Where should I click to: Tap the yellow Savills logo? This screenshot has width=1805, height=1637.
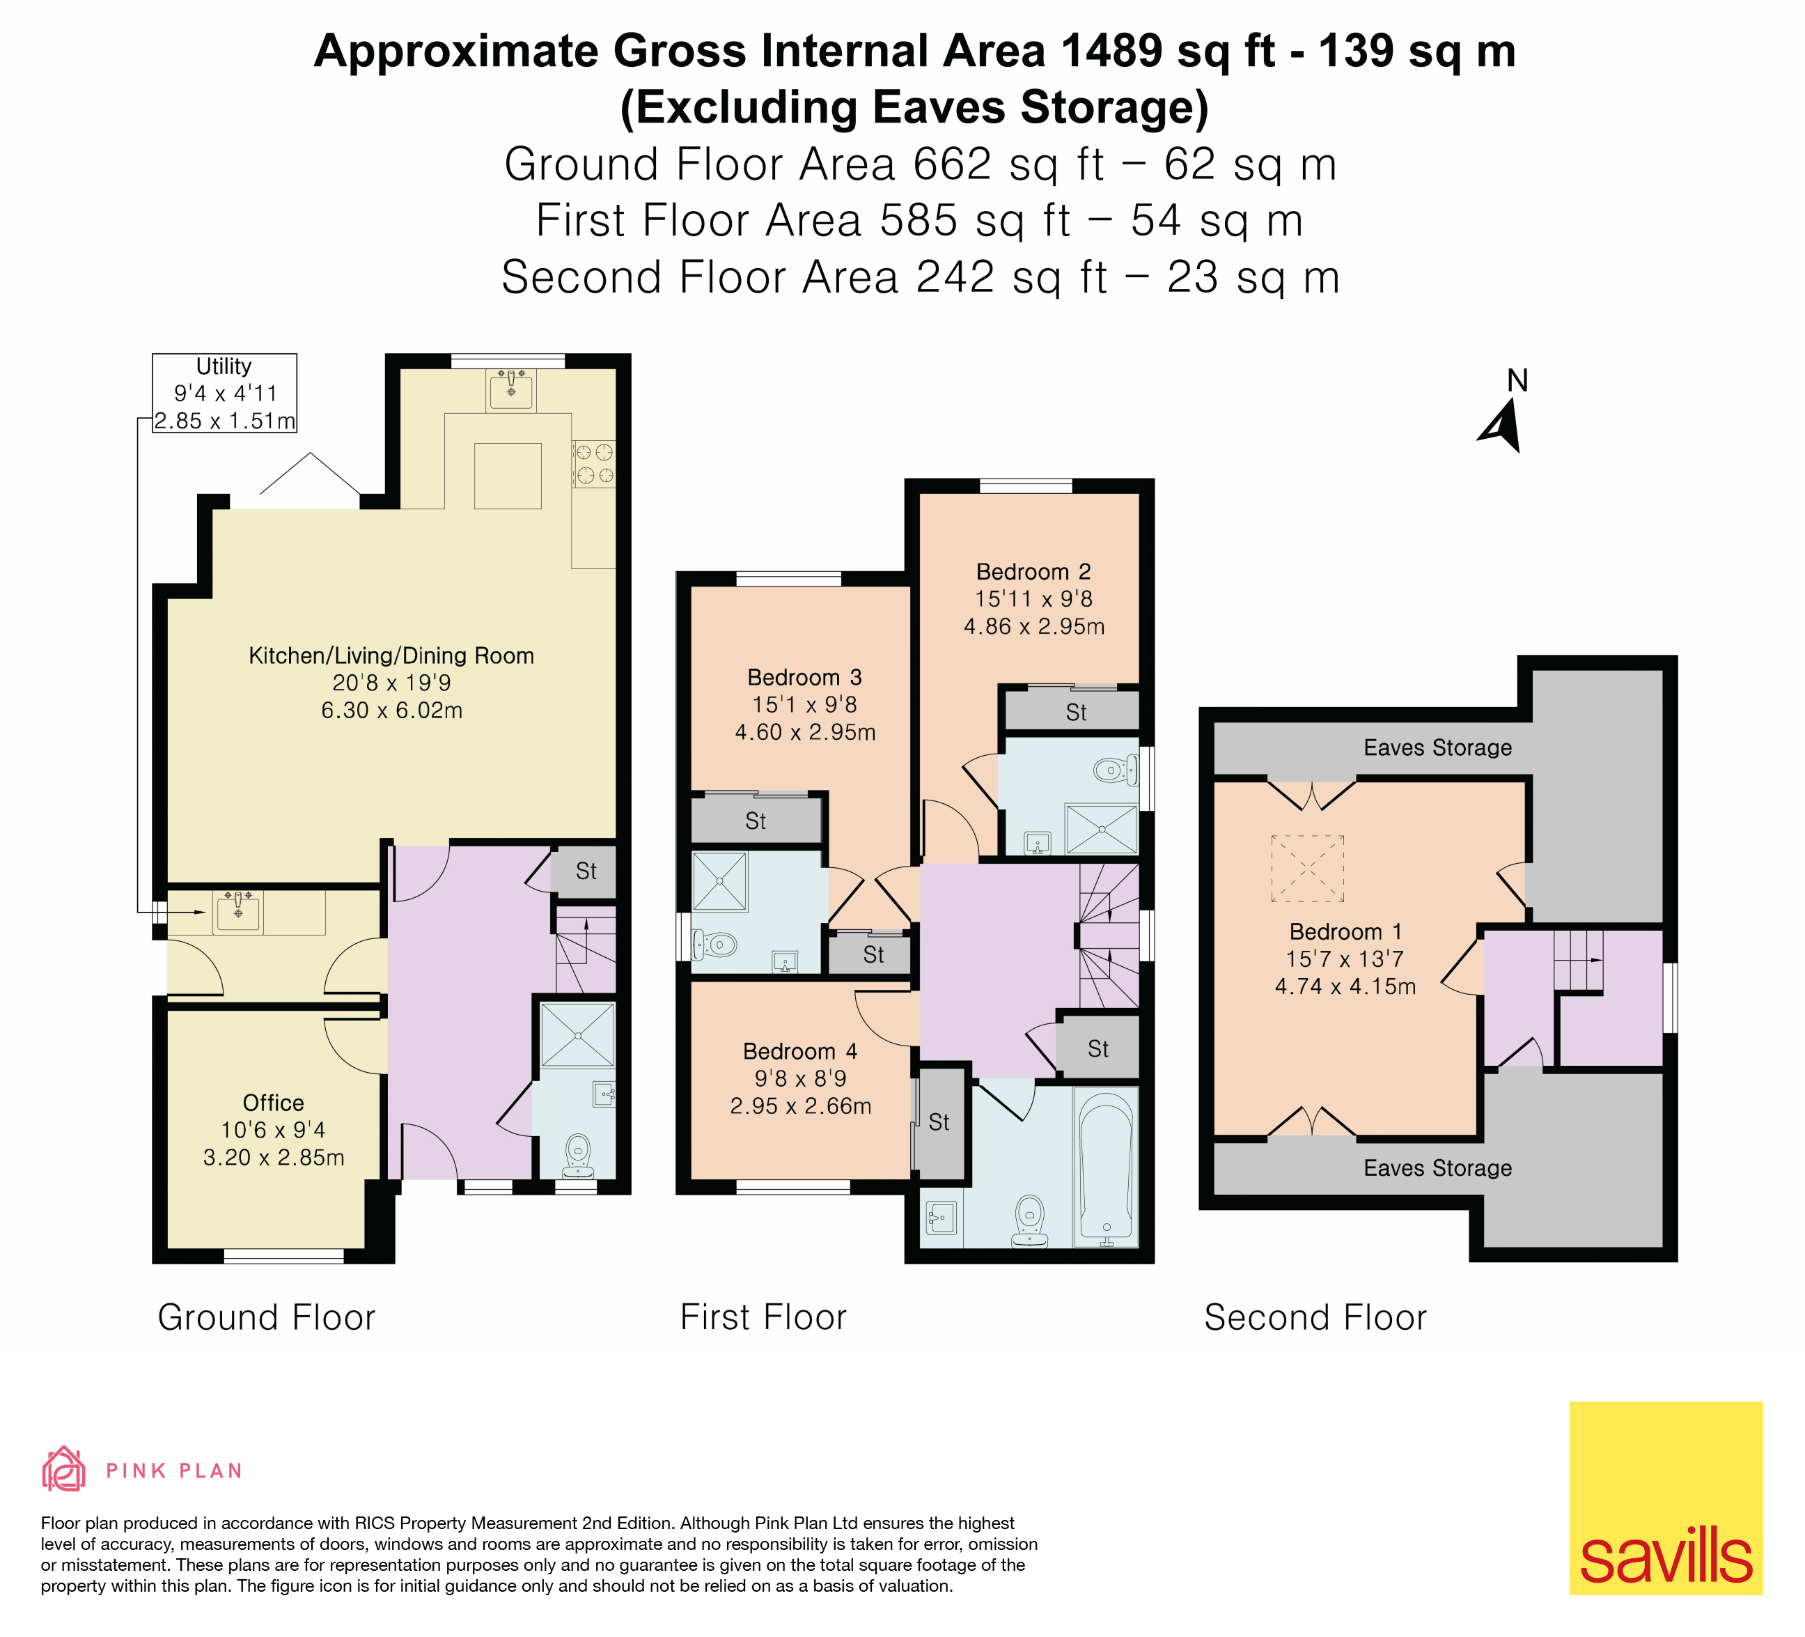point(1665,1497)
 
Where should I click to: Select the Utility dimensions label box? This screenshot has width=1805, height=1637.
point(224,393)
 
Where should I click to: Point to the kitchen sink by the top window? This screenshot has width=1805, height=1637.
point(511,391)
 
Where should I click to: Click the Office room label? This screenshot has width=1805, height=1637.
point(273,1103)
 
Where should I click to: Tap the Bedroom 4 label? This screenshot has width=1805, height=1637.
point(799,1051)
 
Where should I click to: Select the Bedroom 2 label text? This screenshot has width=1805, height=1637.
point(1033,572)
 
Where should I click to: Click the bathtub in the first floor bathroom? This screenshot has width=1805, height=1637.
point(1107,1167)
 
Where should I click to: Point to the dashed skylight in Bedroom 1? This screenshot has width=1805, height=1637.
point(1307,869)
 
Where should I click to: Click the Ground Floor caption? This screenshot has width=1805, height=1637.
point(267,1317)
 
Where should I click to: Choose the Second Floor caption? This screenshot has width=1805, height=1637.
point(1315,1317)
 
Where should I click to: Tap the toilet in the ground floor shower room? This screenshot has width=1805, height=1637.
point(579,1156)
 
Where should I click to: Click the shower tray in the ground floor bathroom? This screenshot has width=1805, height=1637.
point(577,1034)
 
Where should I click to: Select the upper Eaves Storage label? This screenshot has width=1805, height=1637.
point(1437,747)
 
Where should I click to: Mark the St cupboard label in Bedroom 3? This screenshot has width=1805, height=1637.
point(756,821)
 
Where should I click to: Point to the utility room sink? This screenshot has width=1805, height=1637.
point(238,912)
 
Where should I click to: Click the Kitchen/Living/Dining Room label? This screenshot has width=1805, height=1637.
point(391,656)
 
